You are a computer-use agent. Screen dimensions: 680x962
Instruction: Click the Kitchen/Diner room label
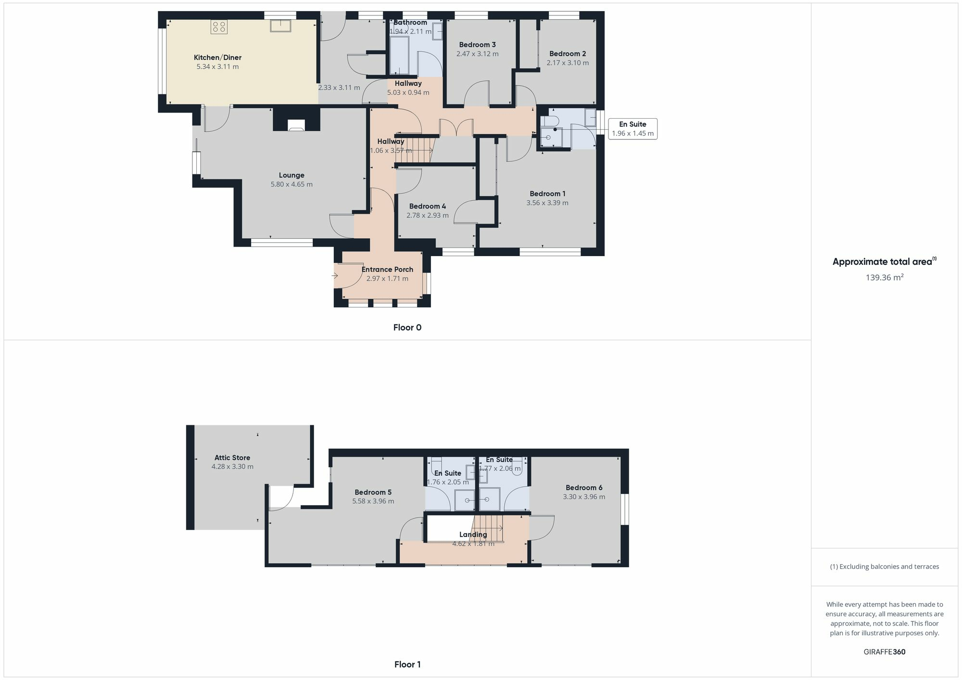(x=217, y=58)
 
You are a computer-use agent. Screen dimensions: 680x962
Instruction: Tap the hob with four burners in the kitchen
(x=219, y=27)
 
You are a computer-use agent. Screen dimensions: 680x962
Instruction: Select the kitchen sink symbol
(x=280, y=25)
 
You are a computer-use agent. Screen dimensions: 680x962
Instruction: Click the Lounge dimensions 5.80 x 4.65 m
(x=291, y=185)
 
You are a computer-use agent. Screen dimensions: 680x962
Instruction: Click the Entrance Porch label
(x=387, y=270)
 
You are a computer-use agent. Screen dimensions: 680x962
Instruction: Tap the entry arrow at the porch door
(x=334, y=276)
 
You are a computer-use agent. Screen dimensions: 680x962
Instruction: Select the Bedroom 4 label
(x=427, y=207)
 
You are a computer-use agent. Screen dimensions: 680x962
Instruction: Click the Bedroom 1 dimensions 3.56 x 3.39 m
(x=547, y=203)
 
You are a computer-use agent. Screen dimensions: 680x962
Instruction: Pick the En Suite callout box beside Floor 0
(x=633, y=129)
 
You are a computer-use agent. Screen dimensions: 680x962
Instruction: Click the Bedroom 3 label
(x=477, y=45)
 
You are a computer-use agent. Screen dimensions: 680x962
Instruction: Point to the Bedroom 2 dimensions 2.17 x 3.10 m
(x=568, y=63)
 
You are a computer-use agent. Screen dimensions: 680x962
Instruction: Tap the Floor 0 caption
(x=407, y=328)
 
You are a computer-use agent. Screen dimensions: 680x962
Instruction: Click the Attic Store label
(x=232, y=458)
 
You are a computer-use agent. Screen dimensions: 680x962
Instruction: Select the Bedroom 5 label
(x=373, y=493)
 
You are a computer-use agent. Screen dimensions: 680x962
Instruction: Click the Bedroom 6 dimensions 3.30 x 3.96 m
(x=584, y=497)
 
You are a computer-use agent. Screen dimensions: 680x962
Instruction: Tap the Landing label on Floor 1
(x=473, y=535)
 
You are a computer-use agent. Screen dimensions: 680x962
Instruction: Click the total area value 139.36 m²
(x=884, y=278)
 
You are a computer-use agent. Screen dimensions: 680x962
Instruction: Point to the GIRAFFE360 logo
(x=884, y=652)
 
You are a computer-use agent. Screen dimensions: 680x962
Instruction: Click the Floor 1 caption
(x=407, y=665)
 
